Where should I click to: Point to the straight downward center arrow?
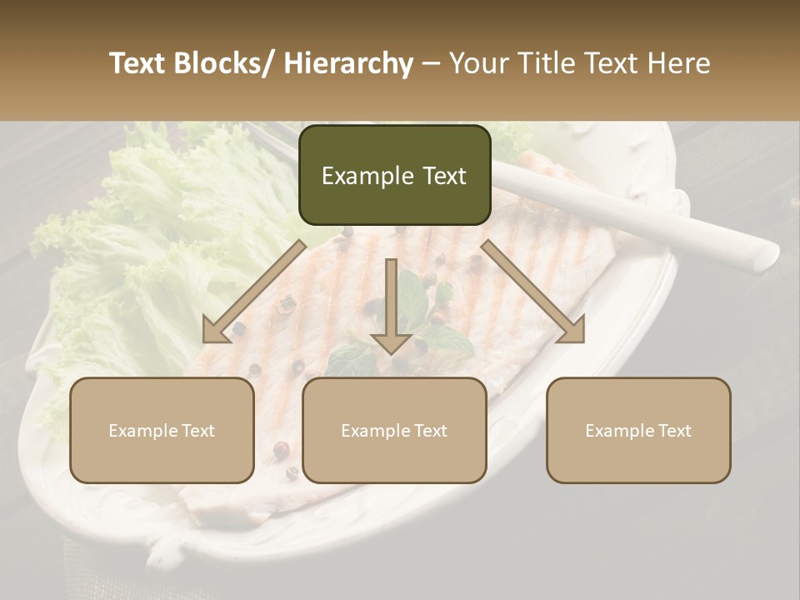click(391, 308)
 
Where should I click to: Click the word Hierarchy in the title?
click(348, 64)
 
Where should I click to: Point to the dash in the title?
click(431, 64)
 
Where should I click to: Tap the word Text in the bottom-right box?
click(674, 431)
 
